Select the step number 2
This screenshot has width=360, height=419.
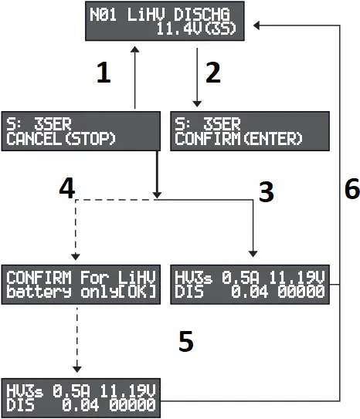coord(212,73)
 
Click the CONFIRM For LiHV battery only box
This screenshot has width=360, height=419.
coord(79,285)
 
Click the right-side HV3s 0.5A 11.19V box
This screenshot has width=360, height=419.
coord(249,285)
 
